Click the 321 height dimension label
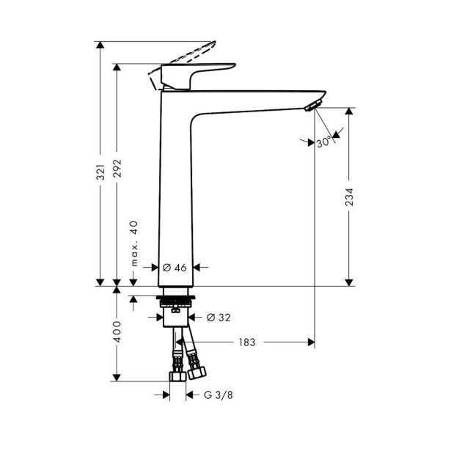[x=100, y=172]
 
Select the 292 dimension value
[x=117, y=168]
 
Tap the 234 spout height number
[x=349, y=197]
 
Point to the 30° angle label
[x=324, y=142]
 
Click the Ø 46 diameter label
[x=175, y=268]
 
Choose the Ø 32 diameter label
[x=219, y=318]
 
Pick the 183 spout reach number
[x=247, y=342]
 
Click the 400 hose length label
[x=117, y=332]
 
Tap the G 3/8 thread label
[x=219, y=395]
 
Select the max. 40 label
[x=134, y=243]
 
